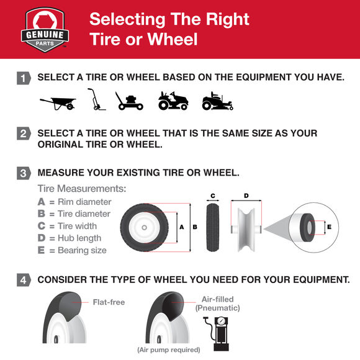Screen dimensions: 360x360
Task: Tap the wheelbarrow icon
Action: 58,102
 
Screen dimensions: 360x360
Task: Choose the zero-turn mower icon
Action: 217,102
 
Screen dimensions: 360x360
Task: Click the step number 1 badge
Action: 24,78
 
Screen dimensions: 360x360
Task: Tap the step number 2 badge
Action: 24,133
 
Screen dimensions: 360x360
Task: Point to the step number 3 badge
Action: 24,173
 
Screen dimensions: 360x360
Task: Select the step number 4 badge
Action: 24,280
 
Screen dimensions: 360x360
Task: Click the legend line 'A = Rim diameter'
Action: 74,202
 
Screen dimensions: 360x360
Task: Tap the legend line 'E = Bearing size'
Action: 72,250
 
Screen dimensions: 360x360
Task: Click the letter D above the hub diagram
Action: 246,196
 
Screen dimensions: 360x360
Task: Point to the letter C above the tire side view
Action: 212,196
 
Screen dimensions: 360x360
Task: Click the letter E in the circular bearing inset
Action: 329,227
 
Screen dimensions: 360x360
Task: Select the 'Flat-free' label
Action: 109,303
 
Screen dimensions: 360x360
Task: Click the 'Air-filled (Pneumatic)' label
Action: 217,303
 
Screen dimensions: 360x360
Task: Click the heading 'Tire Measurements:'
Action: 82,188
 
